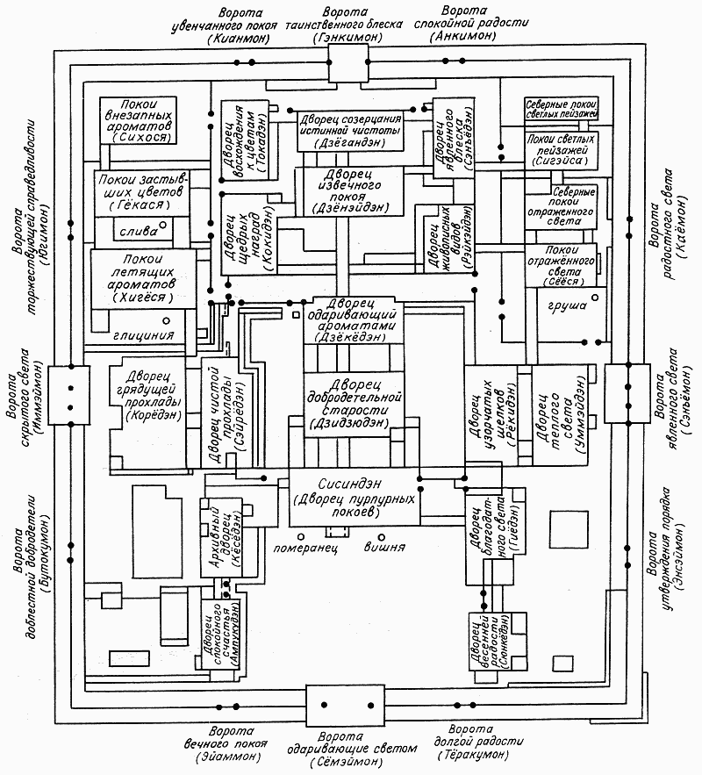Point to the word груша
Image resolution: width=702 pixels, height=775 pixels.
tap(561, 308)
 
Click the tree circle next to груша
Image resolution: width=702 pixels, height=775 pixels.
tap(595, 299)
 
